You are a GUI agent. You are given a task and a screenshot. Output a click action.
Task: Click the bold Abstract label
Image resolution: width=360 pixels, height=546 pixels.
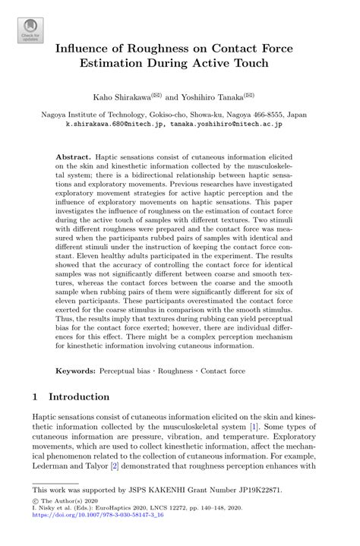(x=73, y=154)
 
